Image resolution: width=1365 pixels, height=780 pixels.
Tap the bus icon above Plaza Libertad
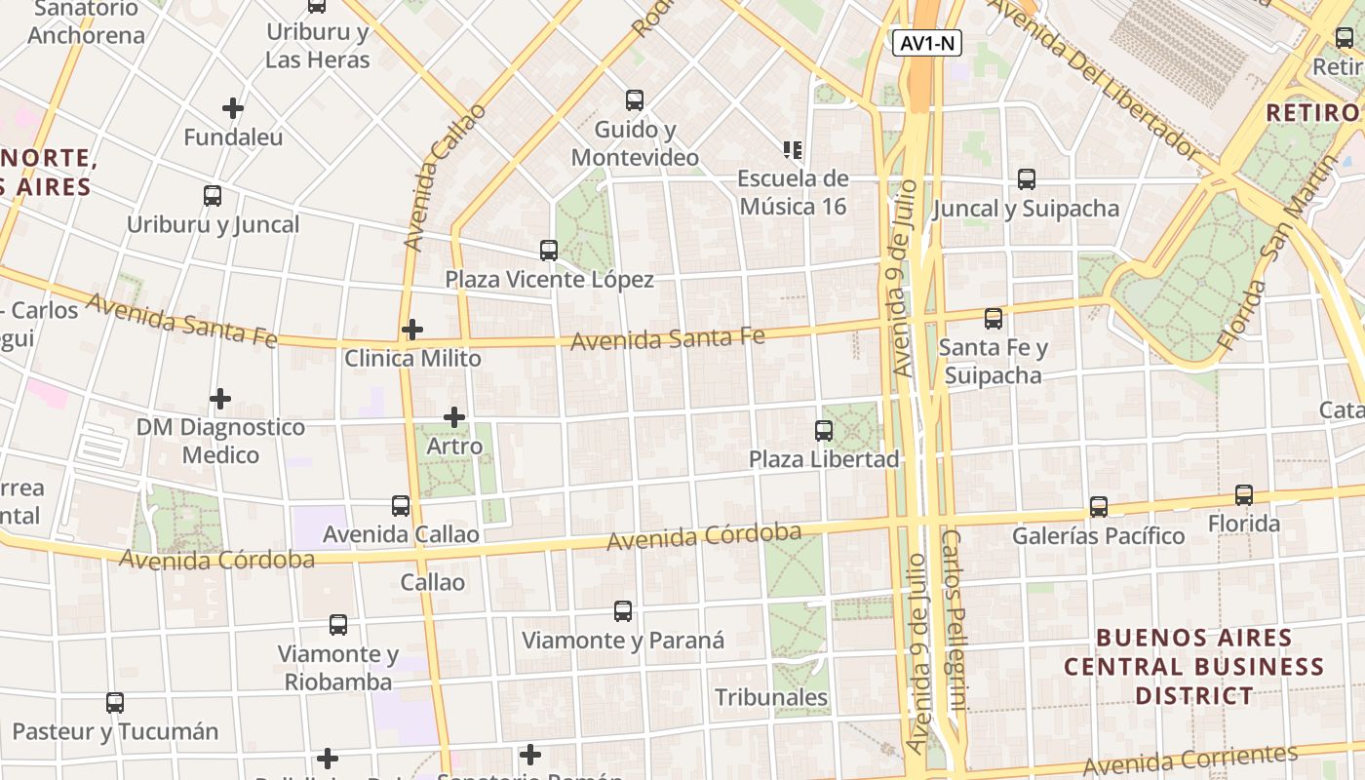click(x=824, y=430)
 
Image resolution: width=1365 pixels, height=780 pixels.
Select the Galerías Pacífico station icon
click(x=1099, y=507)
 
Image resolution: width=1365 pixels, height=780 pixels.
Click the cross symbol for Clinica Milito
click(x=412, y=330)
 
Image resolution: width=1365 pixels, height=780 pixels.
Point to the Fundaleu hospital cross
click(x=232, y=108)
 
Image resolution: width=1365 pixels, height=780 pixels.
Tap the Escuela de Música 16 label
click(x=793, y=192)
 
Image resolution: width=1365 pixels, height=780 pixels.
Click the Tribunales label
click(x=771, y=697)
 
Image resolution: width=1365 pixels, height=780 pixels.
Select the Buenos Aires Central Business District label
click(x=1194, y=667)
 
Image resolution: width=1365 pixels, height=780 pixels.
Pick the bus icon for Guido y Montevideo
click(x=635, y=99)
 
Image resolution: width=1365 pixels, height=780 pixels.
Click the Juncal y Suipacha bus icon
click(x=1027, y=179)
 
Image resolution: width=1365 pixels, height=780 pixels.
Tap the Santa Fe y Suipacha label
click(x=993, y=361)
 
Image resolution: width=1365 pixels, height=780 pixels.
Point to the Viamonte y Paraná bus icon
click(x=623, y=611)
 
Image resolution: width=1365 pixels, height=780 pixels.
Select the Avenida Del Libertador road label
click(x=1094, y=79)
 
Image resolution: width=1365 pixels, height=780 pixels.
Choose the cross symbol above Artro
click(x=454, y=418)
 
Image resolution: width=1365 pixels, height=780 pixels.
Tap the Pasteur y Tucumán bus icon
click(x=115, y=702)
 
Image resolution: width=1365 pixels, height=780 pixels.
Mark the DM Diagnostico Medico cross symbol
click(x=220, y=399)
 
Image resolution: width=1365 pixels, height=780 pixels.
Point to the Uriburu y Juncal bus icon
click(x=213, y=196)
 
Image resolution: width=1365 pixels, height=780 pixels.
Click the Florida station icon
click(x=1244, y=495)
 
